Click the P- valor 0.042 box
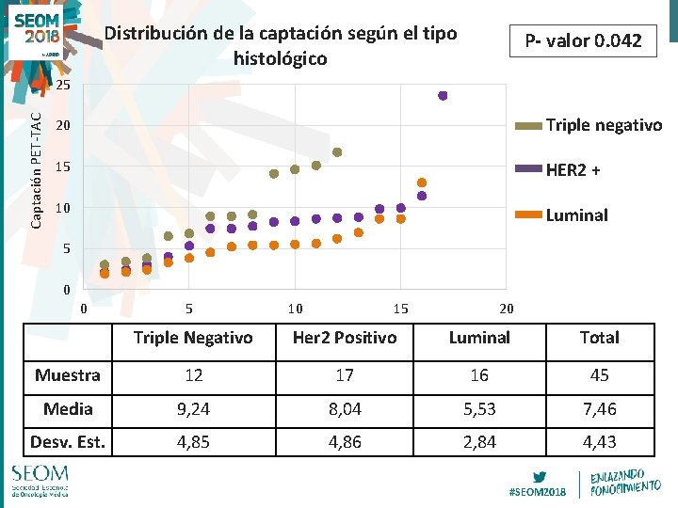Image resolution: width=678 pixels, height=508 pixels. [x=583, y=40]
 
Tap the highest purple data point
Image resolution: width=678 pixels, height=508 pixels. [x=443, y=95]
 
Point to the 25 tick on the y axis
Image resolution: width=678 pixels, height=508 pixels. [x=62, y=86]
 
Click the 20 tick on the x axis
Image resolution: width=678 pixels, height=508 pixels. [x=506, y=308]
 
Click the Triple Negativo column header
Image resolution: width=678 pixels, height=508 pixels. [x=193, y=337]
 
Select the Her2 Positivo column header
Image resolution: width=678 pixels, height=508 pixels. [x=345, y=337]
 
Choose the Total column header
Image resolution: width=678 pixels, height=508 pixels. [x=599, y=337]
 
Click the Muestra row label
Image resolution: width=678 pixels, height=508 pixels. [x=67, y=374]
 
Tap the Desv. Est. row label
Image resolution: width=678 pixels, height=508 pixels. [x=67, y=441]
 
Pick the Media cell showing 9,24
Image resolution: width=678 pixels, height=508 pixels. [x=193, y=408]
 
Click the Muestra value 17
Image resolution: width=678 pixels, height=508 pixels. [x=345, y=374]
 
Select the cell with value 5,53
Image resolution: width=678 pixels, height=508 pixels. [x=479, y=408]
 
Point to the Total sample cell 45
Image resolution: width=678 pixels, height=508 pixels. [x=599, y=374]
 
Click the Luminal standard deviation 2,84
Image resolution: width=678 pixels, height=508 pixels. [x=479, y=441]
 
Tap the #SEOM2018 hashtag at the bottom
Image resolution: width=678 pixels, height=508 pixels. [x=537, y=491]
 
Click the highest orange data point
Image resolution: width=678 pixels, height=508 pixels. [x=422, y=183]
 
